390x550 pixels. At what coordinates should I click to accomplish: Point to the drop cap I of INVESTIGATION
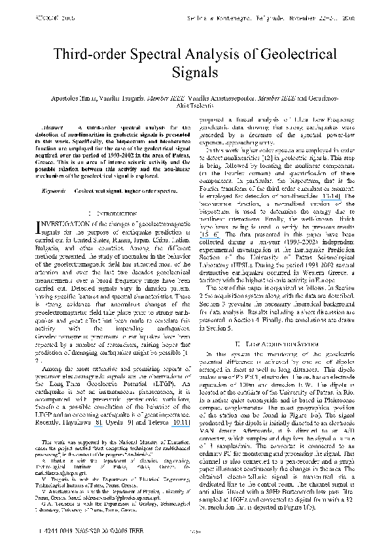click(x=36, y=210)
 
